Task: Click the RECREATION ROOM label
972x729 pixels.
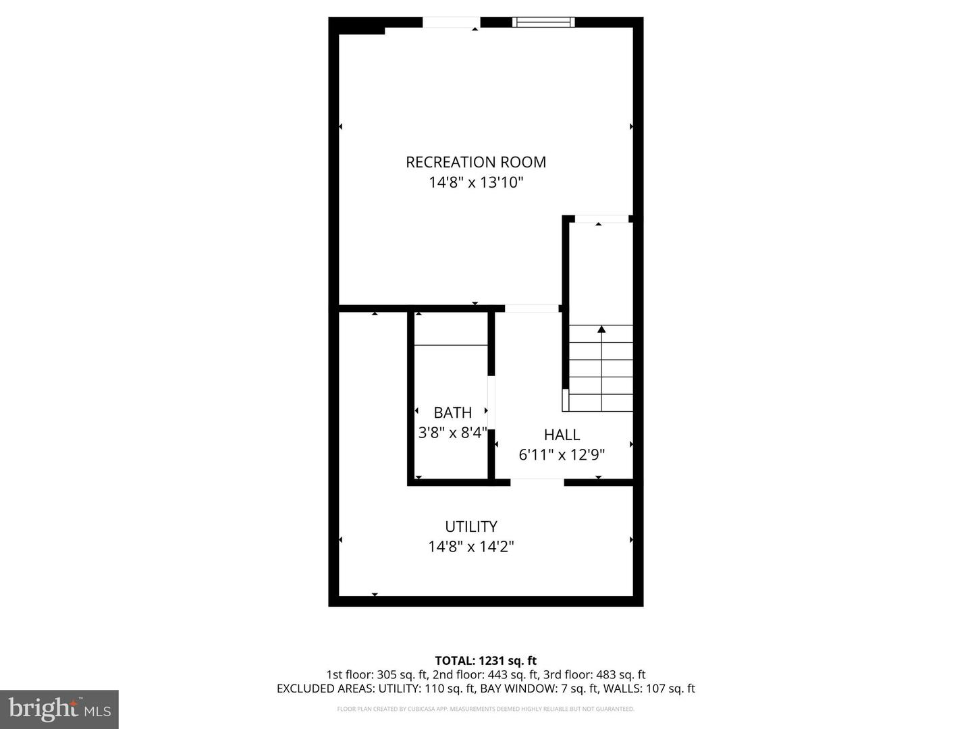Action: (x=476, y=162)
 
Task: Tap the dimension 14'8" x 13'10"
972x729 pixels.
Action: (x=476, y=182)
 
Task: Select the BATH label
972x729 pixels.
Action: (x=452, y=412)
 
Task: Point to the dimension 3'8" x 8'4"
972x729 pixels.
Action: (x=452, y=433)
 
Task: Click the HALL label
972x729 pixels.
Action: (x=562, y=435)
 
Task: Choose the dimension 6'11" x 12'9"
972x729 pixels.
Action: (x=562, y=455)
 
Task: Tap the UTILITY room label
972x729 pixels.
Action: (x=471, y=526)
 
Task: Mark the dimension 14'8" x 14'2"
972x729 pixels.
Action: (x=471, y=547)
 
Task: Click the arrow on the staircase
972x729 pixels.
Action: (x=601, y=330)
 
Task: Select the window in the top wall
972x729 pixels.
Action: (x=543, y=22)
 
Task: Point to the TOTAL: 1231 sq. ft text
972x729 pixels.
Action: (x=485, y=661)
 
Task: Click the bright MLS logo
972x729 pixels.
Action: (x=59, y=709)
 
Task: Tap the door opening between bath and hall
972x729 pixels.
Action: (x=491, y=403)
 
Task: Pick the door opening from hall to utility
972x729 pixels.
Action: (x=537, y=482)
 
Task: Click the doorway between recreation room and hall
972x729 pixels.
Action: (x=532, y=309)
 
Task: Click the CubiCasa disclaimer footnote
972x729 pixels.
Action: (x=485, y=709)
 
